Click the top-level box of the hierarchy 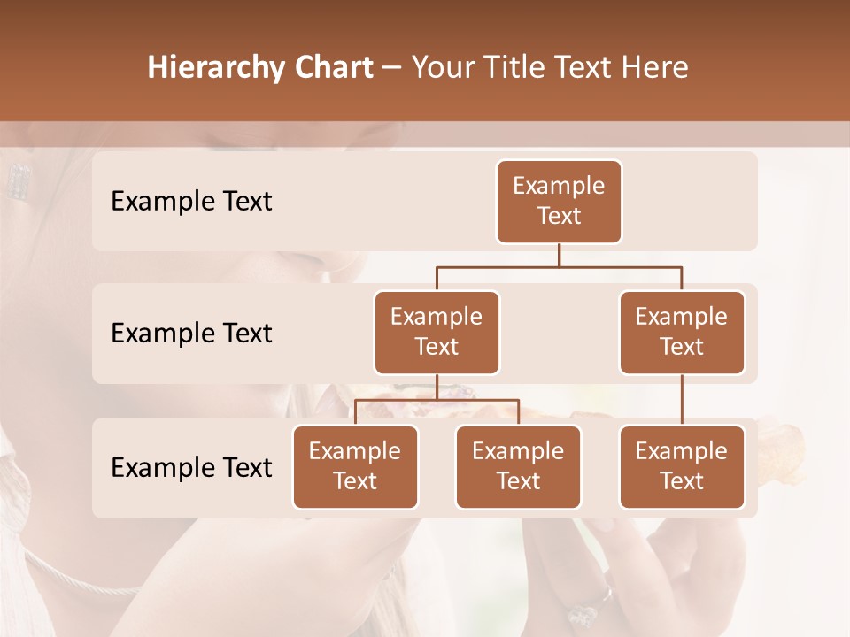(x=559, y=202)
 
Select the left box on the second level (x=437, y=333)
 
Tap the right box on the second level (x=682, y=333)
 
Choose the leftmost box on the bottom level (x=355, y=467)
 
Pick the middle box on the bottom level (x=518, y=467)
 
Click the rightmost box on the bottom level (x=682, y=467)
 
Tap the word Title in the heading (x=517, y=68)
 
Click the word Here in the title (x=656, y=68)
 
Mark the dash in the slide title (x=390, y=68)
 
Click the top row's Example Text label (x=191, y=202)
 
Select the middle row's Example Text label (x=191, y=334)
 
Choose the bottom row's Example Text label (x=191, y=468)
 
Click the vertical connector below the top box (x=559, y=255)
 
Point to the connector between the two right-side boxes (x=682, y=400)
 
